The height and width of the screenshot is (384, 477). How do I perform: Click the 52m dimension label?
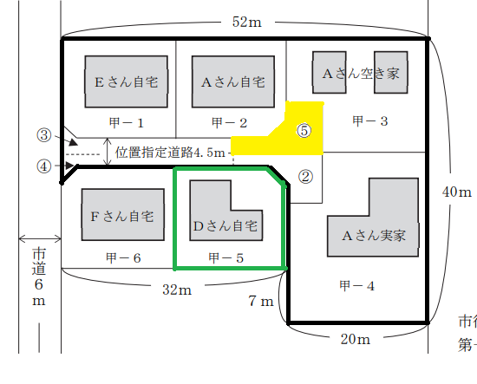coord(246,22)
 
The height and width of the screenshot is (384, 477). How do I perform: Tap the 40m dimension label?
coord(457,192)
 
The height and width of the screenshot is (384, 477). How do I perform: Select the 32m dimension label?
coord(177,290)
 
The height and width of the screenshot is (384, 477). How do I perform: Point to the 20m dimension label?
coord(356,339)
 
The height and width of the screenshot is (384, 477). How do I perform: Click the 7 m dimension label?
coord(261,301)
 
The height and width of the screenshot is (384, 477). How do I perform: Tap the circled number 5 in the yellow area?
coord(304,131)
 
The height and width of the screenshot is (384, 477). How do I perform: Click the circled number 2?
coord(305,177)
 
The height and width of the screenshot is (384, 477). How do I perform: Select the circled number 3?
coord(44,135)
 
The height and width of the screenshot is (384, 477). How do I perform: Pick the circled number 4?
coord(44,166)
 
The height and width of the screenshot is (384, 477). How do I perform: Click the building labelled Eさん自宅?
coord(127,81)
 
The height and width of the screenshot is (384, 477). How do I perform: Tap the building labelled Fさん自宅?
coord(123,215)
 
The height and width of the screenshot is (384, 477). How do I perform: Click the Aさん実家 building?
coord(373,236)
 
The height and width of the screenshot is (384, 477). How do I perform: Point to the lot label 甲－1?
coord(127,123)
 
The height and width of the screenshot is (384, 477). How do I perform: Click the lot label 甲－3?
coord(370,121)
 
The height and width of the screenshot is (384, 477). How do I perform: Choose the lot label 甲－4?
coord(356,286)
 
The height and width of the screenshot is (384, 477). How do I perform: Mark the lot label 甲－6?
coord(123,257)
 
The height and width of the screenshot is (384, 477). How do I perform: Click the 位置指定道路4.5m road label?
coord(170,153)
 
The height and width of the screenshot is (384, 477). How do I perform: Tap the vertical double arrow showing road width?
coord(107,152)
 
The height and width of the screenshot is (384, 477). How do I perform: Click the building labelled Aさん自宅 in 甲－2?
coord(233,81)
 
